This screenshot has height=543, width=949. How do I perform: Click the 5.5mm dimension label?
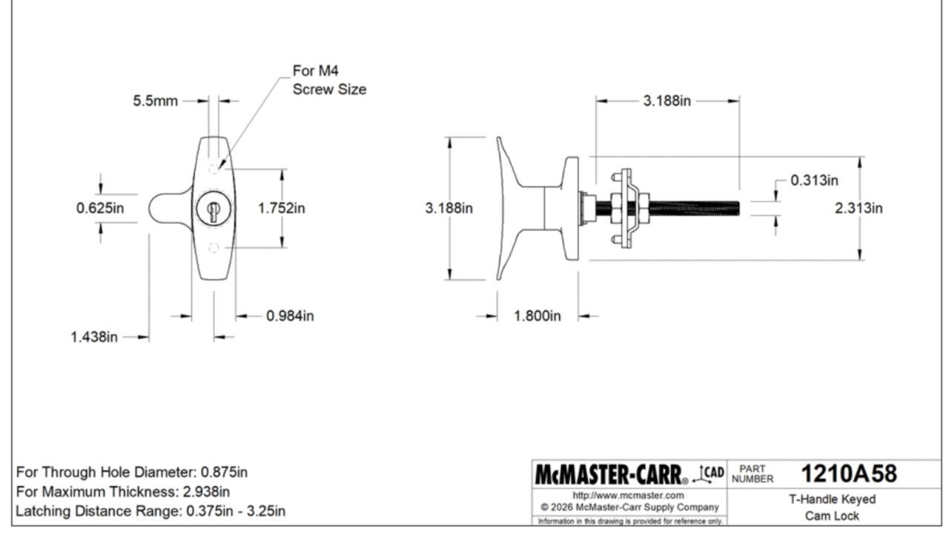[x=155, y=101]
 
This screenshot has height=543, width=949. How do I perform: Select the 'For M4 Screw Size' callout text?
[x=328, y=80]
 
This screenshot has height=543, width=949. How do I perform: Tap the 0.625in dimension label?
[x=100, y=208]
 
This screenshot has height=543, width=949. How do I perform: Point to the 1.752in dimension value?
[x=281, y=208]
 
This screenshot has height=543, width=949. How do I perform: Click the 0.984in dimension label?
[x=290, y=316]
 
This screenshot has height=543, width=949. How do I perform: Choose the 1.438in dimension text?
[x=94, y=337]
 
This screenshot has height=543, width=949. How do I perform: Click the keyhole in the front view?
[x=213, y=210]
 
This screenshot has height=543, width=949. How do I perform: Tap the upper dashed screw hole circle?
[x=214, y=169]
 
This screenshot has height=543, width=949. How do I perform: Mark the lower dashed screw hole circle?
[x=214, y=248]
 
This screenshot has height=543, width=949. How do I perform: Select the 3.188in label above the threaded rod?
[x=667, y=101]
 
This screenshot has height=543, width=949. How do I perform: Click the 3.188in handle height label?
[x=449, y=208]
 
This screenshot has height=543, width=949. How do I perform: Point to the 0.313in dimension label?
[x=814, y=180]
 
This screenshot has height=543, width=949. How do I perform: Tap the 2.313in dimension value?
[x=859, y=208]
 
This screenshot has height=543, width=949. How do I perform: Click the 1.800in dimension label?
[x=538, y=316]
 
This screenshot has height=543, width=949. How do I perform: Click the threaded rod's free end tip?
[x=738, y=208]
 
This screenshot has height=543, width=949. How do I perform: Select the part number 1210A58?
[x=849, y=473]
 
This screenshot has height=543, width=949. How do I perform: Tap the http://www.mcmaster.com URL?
[x=629, y=495]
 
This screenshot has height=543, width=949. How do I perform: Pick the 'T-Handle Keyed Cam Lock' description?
[x=831, y=507]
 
